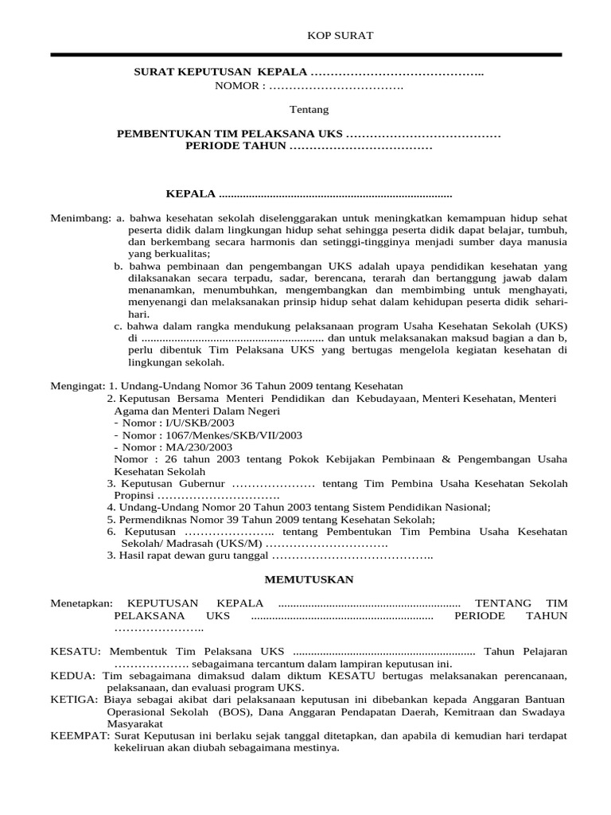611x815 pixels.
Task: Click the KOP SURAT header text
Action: [x=329, y=36]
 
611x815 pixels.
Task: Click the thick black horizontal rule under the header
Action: [x=306, y=55]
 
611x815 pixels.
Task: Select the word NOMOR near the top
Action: [x=235, y=86]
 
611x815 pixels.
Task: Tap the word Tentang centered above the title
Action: [x=306, y=109]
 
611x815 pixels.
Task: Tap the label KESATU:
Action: [x=75, y=651]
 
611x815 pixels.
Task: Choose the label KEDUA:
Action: [x=72, y=676]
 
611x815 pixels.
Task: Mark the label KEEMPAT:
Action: [x=80, y=736]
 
